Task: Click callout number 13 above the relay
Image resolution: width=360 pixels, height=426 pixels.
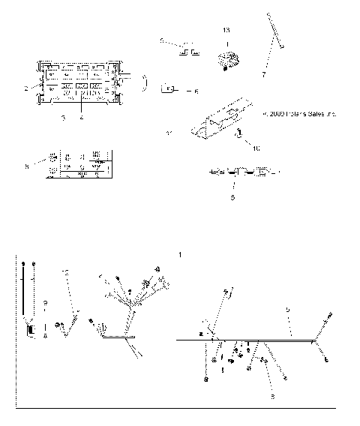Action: click(226, 30)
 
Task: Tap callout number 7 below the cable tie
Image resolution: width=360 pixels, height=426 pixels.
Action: click(263, 75)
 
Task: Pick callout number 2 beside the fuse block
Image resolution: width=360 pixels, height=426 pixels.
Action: click(26, 88)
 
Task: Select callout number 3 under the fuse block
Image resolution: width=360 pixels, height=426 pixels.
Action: click(64, 118)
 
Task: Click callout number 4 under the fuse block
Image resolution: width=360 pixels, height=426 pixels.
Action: click(81, 118)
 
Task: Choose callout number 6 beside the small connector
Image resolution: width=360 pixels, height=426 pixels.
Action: click(196, 91)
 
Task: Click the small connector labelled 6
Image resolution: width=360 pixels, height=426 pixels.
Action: click(169, 89)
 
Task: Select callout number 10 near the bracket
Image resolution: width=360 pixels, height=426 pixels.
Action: click(256, 148)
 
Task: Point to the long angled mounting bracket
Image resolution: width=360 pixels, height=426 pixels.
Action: click(221, 120)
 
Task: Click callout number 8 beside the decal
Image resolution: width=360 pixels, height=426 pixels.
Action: click(26, 166)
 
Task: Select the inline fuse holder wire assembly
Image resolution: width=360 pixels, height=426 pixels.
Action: click(238, 172)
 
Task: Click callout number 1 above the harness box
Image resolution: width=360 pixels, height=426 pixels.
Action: click(180, 255)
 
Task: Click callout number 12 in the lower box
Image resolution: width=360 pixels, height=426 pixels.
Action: click(66, 270)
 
